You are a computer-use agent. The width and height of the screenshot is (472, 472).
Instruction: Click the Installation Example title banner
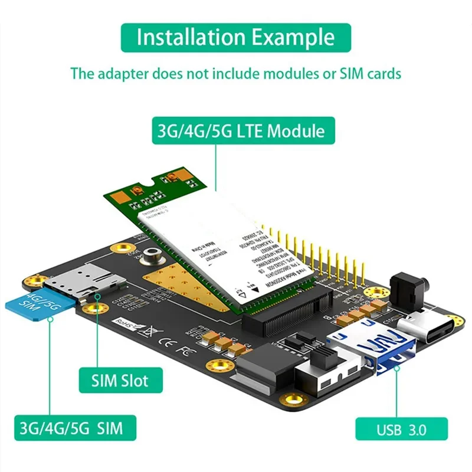tap(236, 37)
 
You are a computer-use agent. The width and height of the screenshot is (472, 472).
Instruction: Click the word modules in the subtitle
tap(265, 74)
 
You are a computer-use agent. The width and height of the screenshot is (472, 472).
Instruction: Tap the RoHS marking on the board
tap(126, 322)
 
